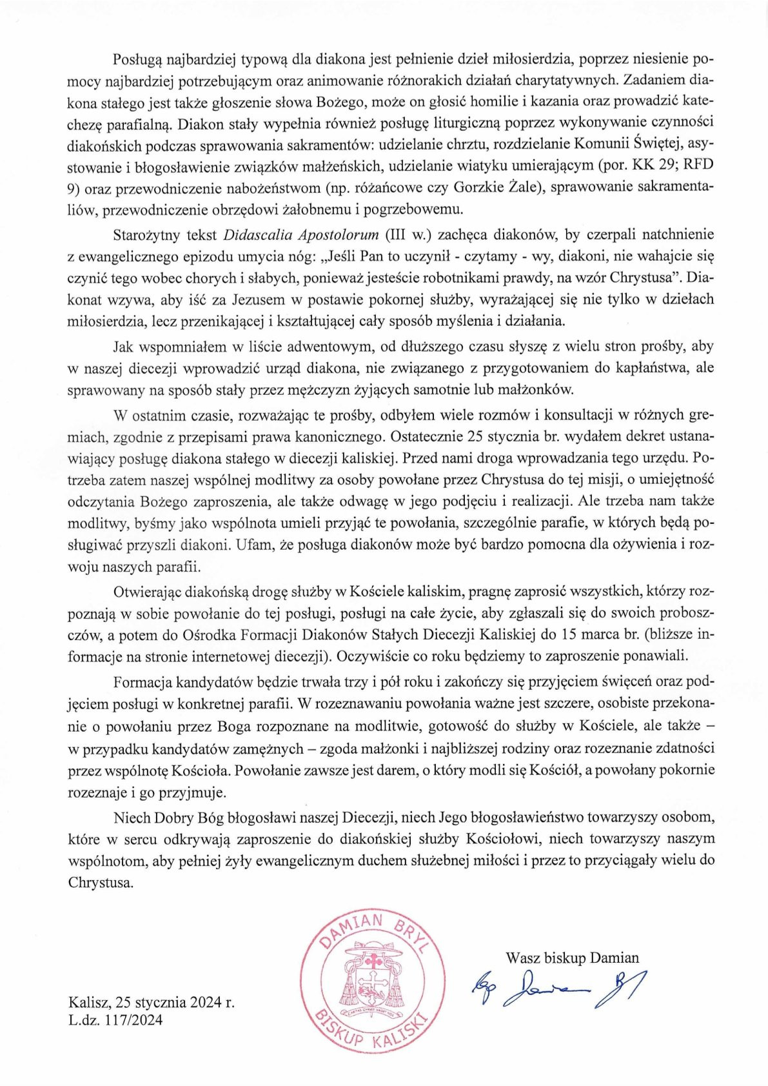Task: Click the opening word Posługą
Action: click(137, 59)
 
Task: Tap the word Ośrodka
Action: click(211, 634)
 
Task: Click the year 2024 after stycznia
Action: click(204, 1002)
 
